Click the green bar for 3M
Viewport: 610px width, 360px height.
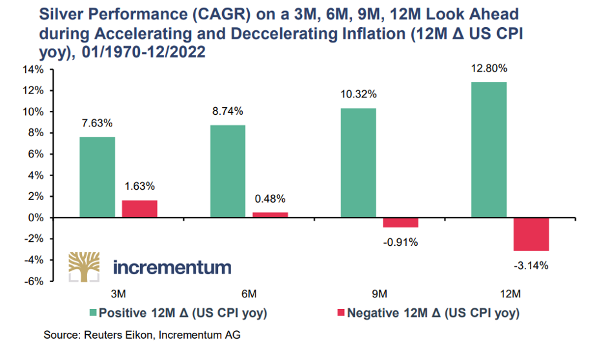97,177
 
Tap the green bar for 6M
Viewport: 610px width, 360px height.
227,172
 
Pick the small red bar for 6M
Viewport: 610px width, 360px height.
270,215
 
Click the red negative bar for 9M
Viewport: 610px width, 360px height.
401,223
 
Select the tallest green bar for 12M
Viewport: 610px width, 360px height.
489,150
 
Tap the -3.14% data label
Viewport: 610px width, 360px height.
532,265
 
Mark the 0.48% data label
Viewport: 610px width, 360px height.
270,199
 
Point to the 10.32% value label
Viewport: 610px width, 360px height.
358,94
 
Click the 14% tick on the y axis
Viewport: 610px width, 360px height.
34,70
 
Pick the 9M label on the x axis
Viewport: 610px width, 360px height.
380,294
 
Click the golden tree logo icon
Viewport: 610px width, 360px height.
84,267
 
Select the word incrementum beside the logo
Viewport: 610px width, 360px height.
172,266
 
